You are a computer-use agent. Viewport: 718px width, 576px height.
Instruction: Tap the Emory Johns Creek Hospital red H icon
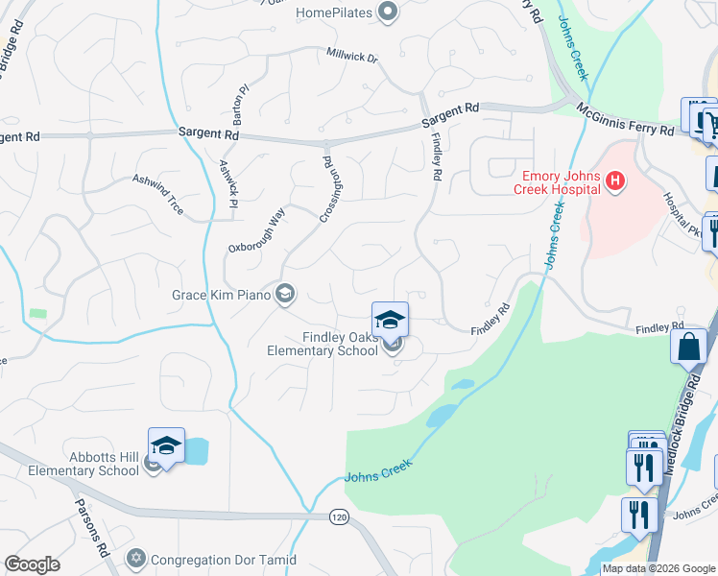pos(616,180)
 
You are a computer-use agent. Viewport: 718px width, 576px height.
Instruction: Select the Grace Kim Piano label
pos(221,295)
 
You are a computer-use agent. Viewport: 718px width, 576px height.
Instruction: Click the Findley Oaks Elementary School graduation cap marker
pos(391,320)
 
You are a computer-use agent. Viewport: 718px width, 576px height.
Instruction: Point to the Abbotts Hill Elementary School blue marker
pos(167,446)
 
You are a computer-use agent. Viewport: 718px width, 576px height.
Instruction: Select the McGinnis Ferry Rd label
pos(625,121)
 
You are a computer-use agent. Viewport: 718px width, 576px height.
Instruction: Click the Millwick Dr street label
pos(352,57)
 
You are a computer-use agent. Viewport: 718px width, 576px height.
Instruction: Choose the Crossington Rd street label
pos(325,188)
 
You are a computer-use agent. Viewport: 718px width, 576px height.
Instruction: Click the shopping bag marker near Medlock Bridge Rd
pos(691,347)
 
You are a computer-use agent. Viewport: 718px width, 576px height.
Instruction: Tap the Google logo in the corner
pos(32,564)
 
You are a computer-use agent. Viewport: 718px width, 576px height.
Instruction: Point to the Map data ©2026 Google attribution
pos(658,568)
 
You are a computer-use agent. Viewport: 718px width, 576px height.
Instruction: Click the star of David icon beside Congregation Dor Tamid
pos(135,558)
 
